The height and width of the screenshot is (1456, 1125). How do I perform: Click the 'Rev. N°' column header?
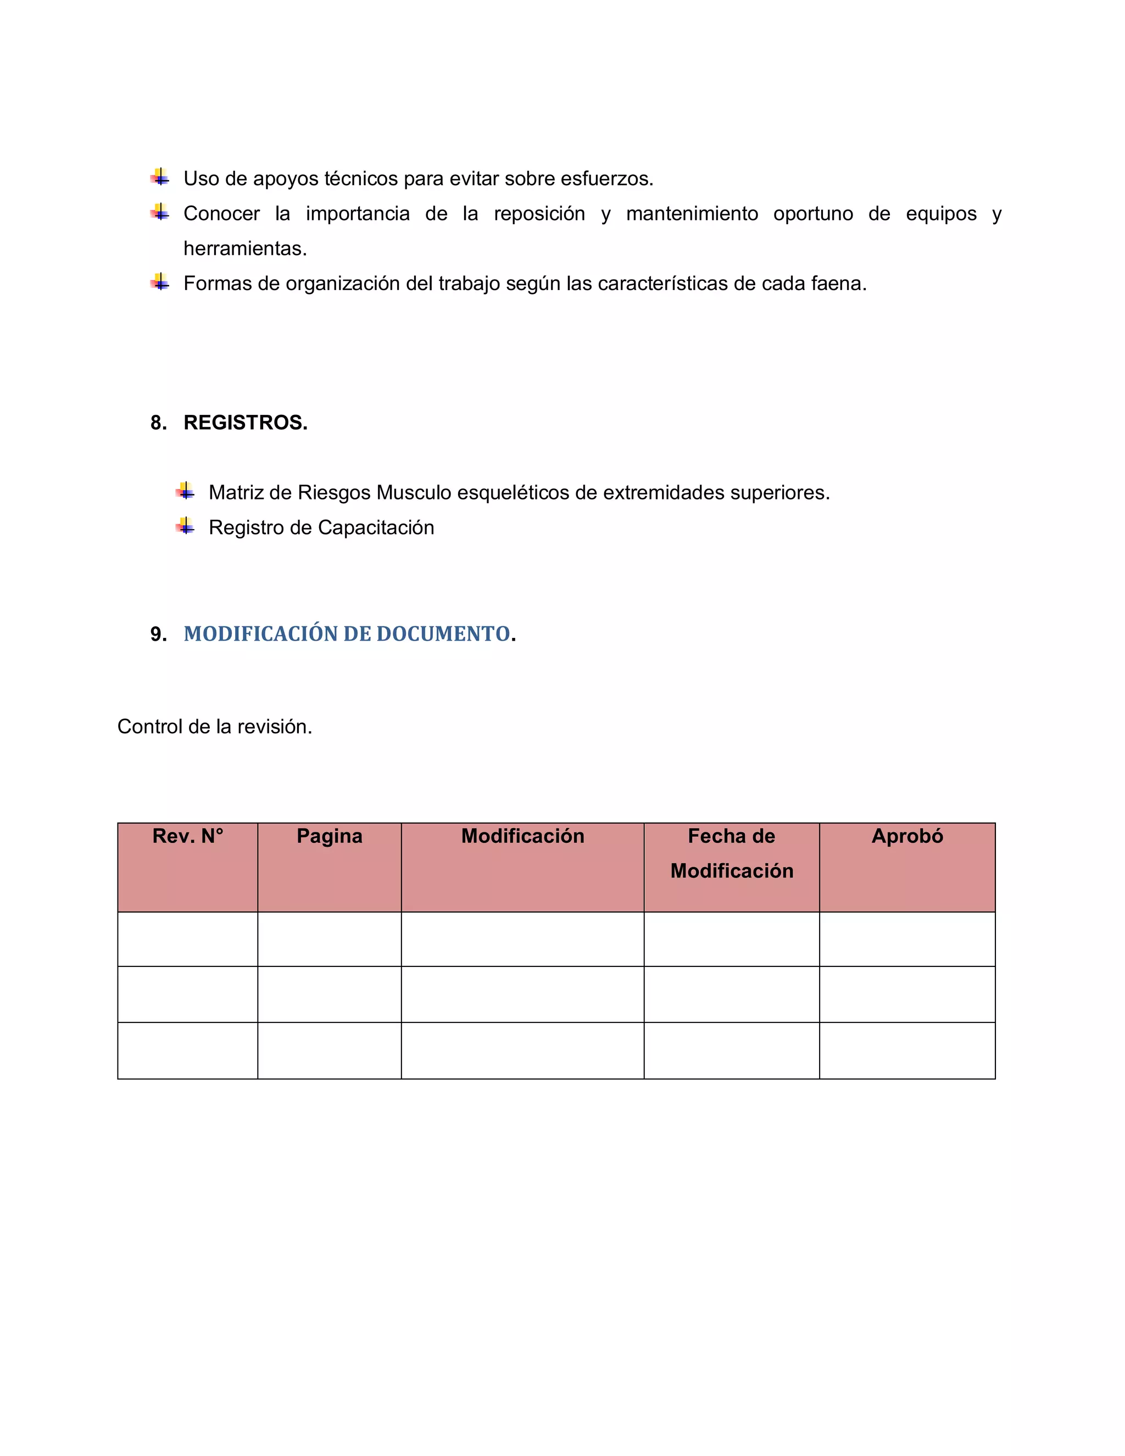point(187,836)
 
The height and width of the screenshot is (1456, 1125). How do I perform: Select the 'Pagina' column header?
point(329,836)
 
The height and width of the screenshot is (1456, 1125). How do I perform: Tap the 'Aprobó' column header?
point(907,836)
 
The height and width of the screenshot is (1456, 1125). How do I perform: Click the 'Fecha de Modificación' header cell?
point(731,853)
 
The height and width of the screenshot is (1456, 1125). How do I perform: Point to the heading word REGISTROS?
point(245,423)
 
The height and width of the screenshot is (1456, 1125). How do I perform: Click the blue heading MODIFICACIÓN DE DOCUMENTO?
point(347,633)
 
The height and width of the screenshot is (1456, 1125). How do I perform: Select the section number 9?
point(158,634)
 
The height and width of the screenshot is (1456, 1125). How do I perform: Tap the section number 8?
point(158,423)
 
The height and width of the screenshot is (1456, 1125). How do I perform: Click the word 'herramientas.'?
point(245,249)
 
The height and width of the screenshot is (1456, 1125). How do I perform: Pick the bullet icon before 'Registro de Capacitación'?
point(185,527)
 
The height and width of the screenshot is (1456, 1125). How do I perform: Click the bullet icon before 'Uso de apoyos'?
point(160,178)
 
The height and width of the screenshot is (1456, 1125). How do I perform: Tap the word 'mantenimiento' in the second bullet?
point(692,214)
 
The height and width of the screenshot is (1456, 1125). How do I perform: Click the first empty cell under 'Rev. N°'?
point(187,938)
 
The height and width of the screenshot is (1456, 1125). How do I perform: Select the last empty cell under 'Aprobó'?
point(907,1050)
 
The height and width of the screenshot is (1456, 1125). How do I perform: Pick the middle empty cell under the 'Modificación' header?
point(522,994)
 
